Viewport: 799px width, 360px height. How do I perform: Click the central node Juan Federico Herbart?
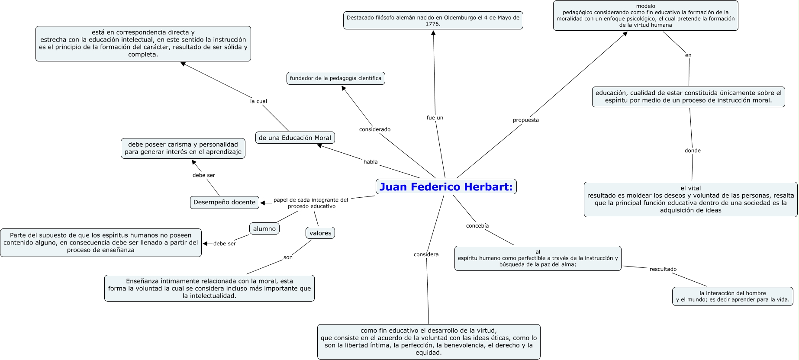[x=446, y=187]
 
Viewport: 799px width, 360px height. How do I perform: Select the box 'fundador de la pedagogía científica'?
[x=335, y=78]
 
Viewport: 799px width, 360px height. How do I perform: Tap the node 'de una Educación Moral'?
[x=295, y=138]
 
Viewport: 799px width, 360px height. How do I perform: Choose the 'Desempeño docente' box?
[x=224, y=202]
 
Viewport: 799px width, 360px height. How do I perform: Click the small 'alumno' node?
[x=264, y=229]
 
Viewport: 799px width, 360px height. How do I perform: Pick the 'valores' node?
[x=320, y=233]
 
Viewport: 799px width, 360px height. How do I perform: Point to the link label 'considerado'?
[x=375, y=129]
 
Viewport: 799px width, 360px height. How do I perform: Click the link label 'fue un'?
[x=435, y=118]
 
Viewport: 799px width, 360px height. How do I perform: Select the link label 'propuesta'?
[x=526, y=120]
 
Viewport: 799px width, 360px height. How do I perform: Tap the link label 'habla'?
[x=371, y=162]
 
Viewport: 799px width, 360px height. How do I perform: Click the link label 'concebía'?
[x=477, y=226]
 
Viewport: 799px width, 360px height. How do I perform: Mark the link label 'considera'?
[x=426, y=254]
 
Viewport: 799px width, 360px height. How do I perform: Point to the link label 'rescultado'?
[x=663, y=269]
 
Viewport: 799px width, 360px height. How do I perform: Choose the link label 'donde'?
[x=693, y=151]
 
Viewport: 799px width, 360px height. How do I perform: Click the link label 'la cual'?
[x=258, y=101]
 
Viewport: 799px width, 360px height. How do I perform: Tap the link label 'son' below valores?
[x=288, y=257]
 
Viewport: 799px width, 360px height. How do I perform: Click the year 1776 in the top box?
[x=433, y=24]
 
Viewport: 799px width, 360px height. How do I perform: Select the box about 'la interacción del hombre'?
[x=732, y=296]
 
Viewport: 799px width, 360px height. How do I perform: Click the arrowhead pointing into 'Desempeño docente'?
[x=263, y=203]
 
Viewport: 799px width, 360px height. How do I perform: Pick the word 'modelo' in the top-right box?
[x=645, y=6]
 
